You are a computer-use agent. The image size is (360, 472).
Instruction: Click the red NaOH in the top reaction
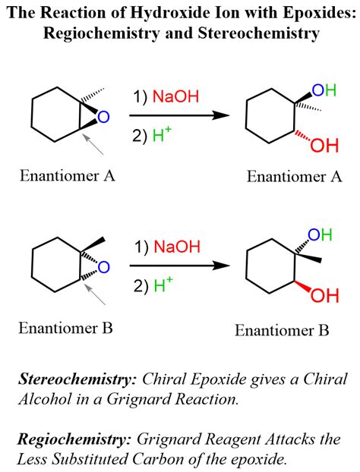coord(177,97)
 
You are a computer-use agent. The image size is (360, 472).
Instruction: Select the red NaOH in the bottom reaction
coord(177,247)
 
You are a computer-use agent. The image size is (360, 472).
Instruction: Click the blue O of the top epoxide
coord(104,117)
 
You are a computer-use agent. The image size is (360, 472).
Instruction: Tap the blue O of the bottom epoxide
coord(104,266)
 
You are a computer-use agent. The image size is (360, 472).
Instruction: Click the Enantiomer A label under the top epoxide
coord(68,177)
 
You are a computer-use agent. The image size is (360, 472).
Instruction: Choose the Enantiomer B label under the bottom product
coord(282,330)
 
